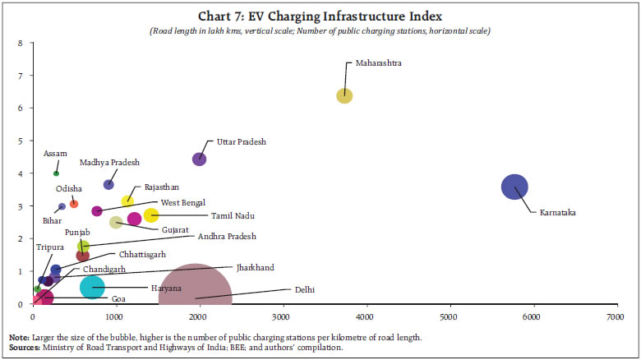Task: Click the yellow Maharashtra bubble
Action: click(x=344, y=95)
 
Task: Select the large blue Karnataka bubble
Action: click(x=514, y=187)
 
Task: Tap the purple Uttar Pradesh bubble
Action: click(x=199, y=159)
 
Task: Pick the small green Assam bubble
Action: click(x=56, y=173)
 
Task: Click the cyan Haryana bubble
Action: click(x=93, y=286)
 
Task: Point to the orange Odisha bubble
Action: click(x=74, y=203)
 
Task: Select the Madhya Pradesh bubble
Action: click(x=108, y=184)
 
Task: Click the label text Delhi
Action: click(x=305, y=289)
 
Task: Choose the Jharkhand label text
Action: click(x=256, y=267)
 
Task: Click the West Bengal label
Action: click(x=183, y=202)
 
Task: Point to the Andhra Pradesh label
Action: click(x=228, y=236)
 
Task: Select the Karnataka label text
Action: click(x=558, y=213)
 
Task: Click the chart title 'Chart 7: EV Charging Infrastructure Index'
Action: click(x=320, y=16)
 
